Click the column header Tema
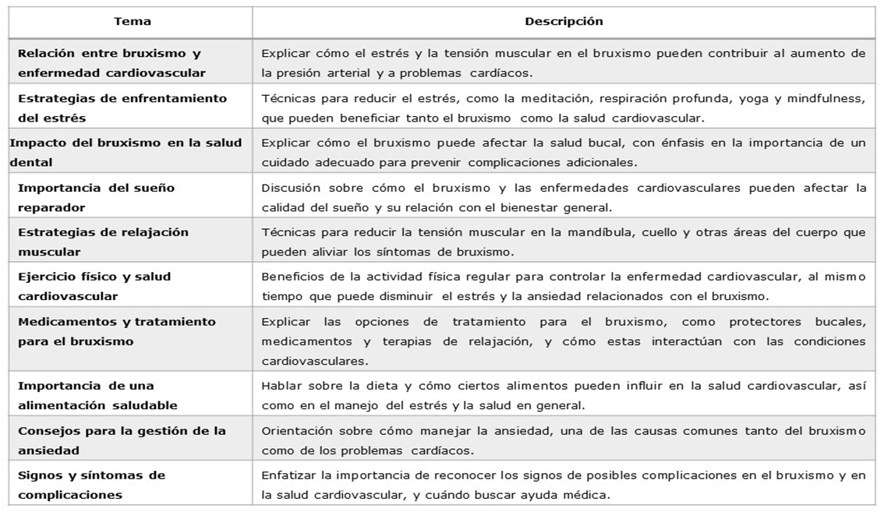pos(132,22)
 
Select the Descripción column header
pos(564,22)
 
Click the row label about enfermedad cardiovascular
pos(111,63)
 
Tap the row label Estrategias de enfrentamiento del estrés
pos(122,108)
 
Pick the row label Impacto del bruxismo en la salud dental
pos(126,153)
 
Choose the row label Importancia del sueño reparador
pos(96,198)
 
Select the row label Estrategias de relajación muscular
pos(103,242)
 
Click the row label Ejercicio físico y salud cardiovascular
pos(94,286)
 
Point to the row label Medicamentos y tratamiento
pos(116,331)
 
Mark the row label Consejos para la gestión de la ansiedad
pos(122,440)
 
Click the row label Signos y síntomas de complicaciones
pos(91,484)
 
